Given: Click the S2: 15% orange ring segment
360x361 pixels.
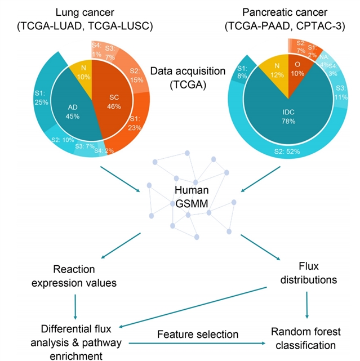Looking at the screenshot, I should click(136, 73).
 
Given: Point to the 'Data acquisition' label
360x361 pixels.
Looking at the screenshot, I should click(179, 72).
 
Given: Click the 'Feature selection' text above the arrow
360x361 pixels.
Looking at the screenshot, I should click(197, 335).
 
